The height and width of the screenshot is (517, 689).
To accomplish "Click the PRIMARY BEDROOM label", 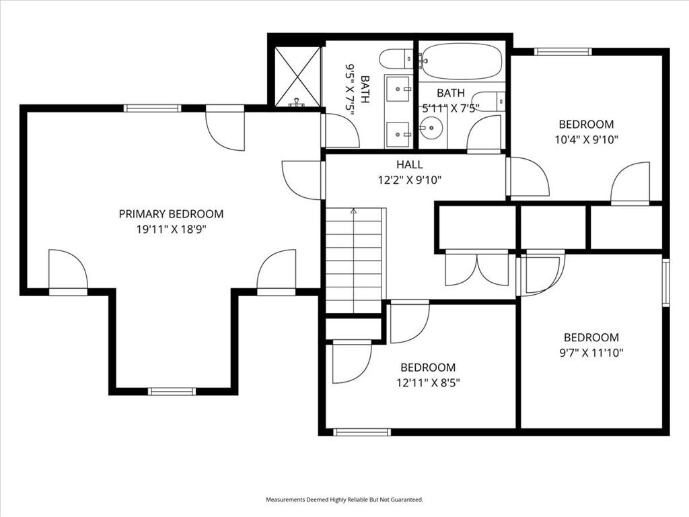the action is [171, 214].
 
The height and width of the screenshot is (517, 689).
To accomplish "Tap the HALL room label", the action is [410, 165].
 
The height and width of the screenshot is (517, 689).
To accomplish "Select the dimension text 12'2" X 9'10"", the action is [410, 180].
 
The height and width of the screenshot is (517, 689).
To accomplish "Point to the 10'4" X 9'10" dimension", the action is [586, 140].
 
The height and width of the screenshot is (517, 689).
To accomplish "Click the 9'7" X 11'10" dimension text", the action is [591, 353].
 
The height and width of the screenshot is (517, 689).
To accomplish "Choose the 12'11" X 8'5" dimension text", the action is [428, 382].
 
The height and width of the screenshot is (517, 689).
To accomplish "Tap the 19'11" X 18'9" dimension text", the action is [172, 229].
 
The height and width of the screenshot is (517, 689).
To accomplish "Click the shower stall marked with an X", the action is [298, 77].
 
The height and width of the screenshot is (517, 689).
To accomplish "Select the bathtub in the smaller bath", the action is [462, 61].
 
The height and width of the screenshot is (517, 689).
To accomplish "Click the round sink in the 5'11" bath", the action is [431, 128].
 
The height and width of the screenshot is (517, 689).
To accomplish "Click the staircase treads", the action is [354, 261].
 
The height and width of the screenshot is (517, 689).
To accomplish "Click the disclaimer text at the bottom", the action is [344, 499].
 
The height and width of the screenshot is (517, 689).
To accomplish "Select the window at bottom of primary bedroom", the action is [172, 391].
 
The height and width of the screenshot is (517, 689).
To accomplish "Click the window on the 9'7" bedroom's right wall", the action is [665, 282].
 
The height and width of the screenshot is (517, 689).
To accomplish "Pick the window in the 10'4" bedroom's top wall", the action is [563, 51].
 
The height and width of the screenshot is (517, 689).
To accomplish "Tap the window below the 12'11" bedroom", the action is [362, 432].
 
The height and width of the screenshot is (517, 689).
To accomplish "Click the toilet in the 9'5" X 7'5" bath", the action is [396, 59].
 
